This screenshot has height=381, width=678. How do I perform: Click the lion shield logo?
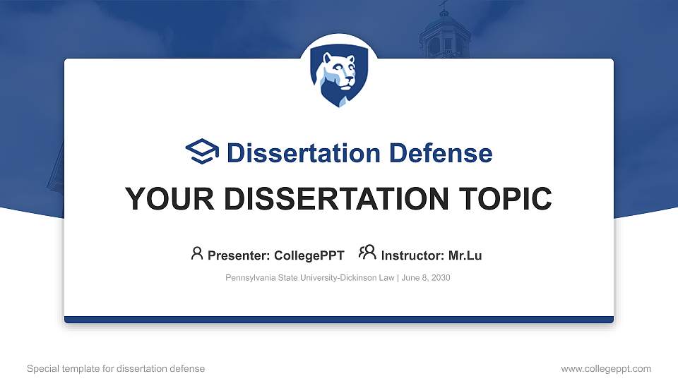coord(339,78)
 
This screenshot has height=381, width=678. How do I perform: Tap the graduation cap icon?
coord(203,152)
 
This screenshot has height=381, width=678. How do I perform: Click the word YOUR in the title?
coord(167,199)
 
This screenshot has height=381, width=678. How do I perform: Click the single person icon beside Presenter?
coord(197,253)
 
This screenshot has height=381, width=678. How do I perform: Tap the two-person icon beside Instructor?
coord(367,253)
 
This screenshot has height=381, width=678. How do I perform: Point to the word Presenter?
coord(237,255)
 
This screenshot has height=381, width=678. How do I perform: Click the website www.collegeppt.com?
coord(606,368)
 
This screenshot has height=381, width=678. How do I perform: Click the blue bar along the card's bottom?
coord(339,320)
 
